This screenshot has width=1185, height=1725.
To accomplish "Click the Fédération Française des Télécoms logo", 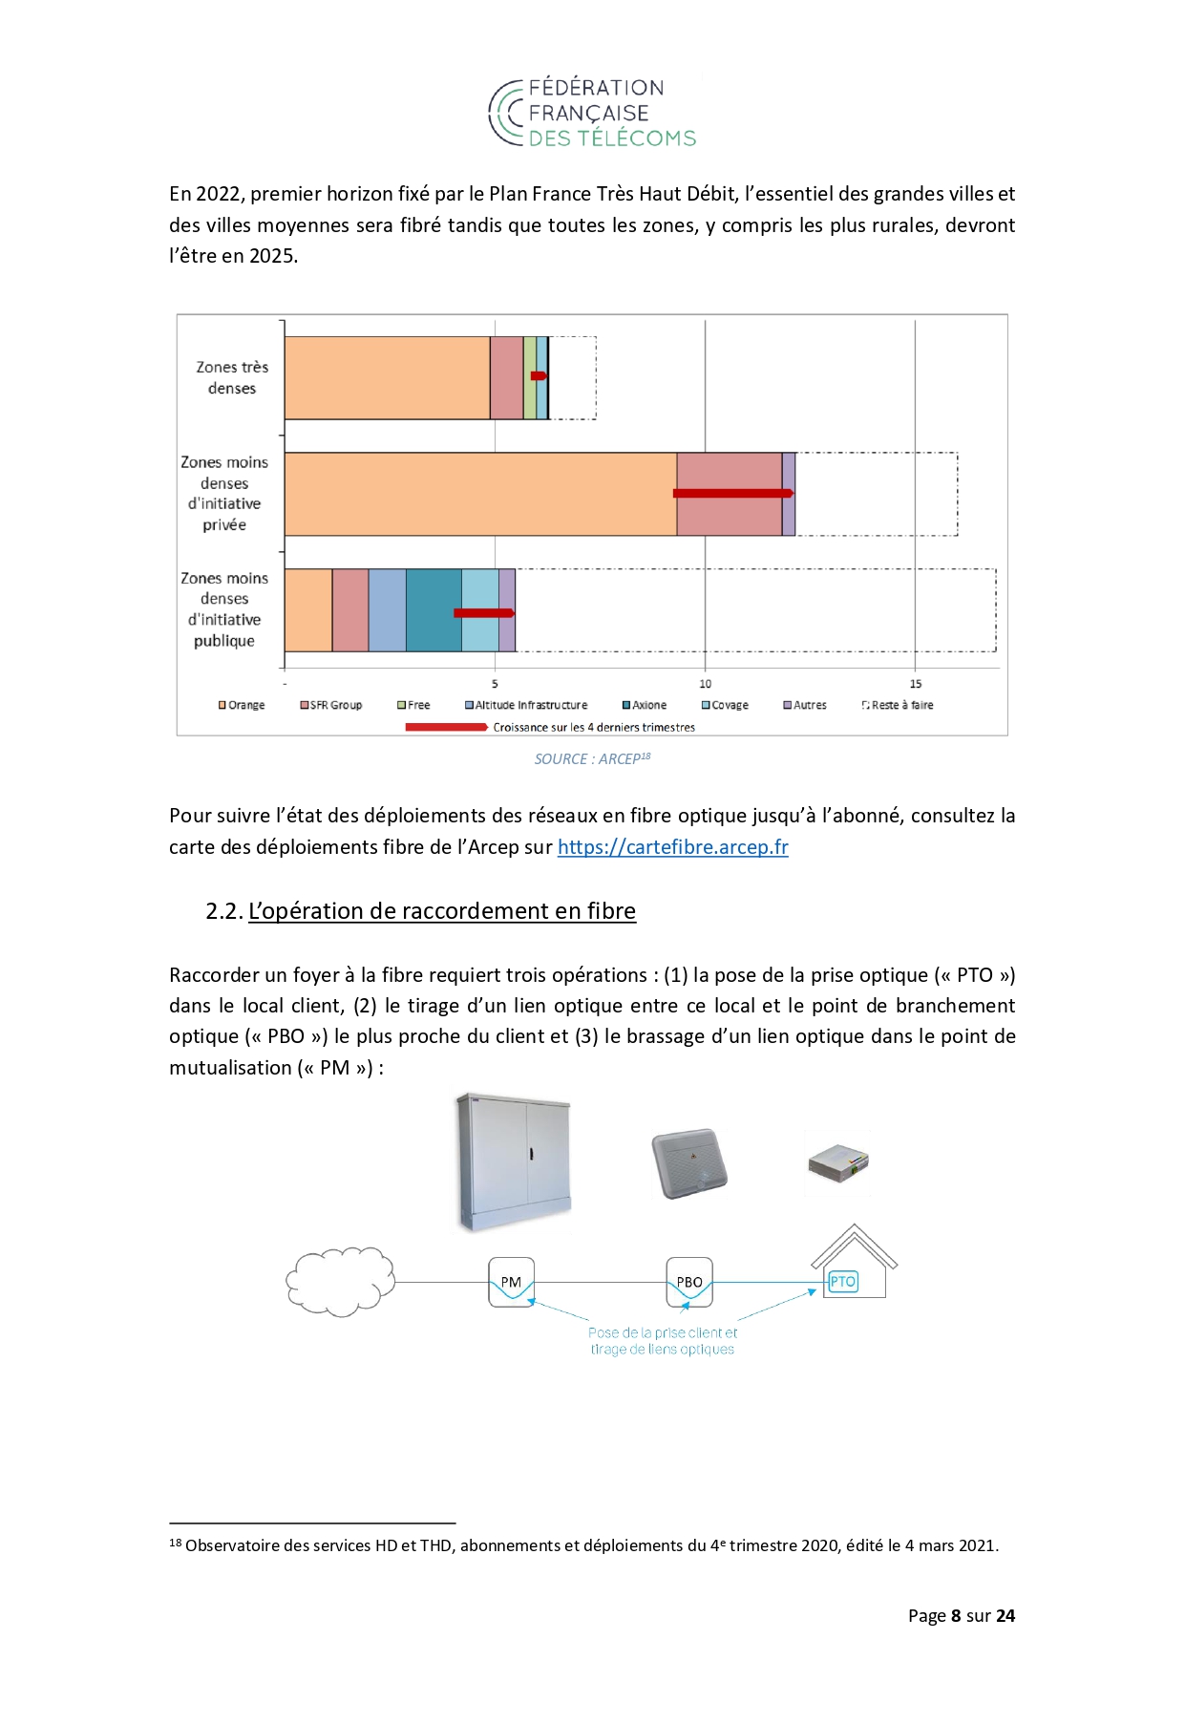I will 592,113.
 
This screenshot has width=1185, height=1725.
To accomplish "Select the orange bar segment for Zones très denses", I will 387,377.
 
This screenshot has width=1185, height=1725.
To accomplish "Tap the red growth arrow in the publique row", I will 483,612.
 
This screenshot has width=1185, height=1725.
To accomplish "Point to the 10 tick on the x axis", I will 705,684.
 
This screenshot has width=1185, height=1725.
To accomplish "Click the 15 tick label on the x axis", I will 915,684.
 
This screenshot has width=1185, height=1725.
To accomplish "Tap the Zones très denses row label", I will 232,377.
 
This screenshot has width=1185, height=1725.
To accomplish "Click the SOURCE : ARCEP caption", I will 592,758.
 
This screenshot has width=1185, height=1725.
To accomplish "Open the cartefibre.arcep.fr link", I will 672,847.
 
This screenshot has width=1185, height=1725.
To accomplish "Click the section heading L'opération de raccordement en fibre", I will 441,911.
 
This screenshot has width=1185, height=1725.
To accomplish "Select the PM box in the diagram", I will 511,1282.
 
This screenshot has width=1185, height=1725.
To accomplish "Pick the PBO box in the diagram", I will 689,1282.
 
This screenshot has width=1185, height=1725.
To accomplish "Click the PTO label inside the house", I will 842,1282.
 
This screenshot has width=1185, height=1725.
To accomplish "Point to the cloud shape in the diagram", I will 340,1281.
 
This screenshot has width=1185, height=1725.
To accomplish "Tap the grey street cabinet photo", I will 514,1161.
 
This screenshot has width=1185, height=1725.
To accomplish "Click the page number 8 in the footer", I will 955,1616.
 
